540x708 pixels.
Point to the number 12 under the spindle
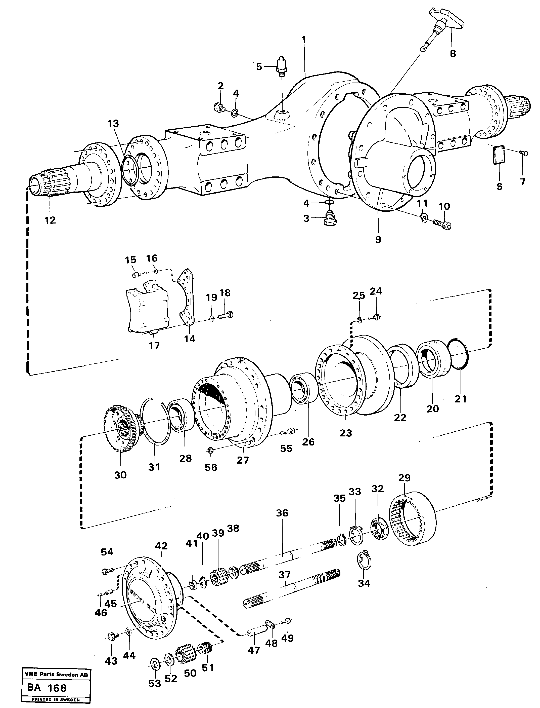pos(50,220)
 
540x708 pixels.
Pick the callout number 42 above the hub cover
pos(161,546)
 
